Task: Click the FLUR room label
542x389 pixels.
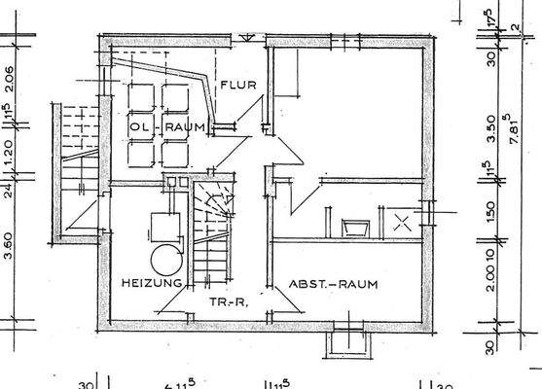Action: (x=236, y=85)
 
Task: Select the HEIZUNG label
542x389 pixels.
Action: (x=152, y=283)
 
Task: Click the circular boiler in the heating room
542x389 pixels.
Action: (x=164, y=259)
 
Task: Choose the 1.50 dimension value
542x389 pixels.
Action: (x=492, y=208)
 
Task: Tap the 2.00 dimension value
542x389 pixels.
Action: (x=492, y=274)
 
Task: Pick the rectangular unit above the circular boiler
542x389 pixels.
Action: (x=162, y=226)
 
